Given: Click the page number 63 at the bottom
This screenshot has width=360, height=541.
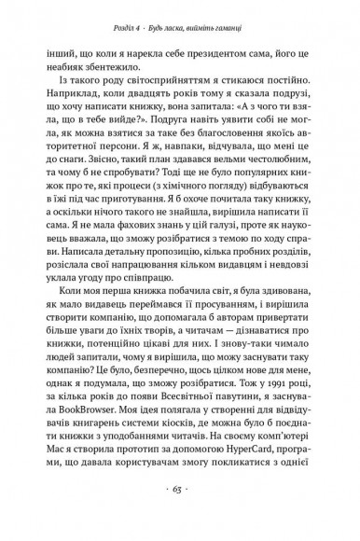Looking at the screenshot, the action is click(179, 511).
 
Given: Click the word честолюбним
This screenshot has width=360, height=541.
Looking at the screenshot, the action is click(266, 192).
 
